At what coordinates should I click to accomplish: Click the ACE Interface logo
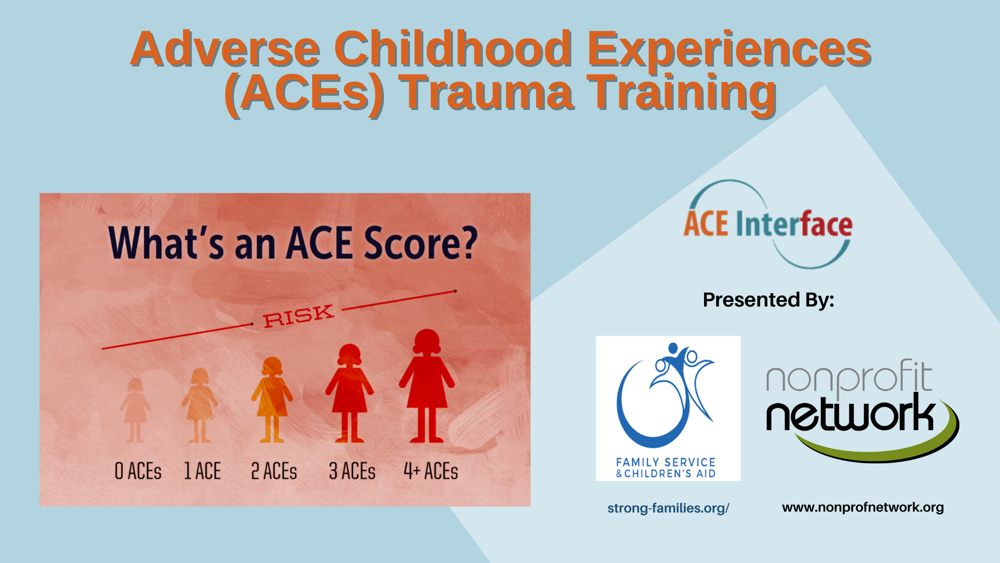(768, 224)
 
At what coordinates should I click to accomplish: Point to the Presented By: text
(768, 299)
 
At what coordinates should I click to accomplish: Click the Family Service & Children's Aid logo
(668, 408)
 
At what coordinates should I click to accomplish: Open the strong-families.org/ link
(668, 508)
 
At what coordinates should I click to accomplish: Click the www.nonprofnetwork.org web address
(863, 508)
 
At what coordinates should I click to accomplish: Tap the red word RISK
(298, 316)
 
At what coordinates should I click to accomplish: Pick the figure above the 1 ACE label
(200, 405)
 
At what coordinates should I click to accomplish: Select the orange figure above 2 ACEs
(272, 400)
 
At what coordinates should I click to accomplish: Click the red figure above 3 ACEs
(350, 393)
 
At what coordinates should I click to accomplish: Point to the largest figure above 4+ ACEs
(427, 386)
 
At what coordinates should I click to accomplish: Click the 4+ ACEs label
(431, 471)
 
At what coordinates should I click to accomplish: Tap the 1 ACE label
(203, 471)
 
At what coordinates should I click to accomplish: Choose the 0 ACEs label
(138, 471)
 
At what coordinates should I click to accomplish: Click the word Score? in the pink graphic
(421, 244)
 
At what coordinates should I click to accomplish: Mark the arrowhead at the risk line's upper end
(455, 291)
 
